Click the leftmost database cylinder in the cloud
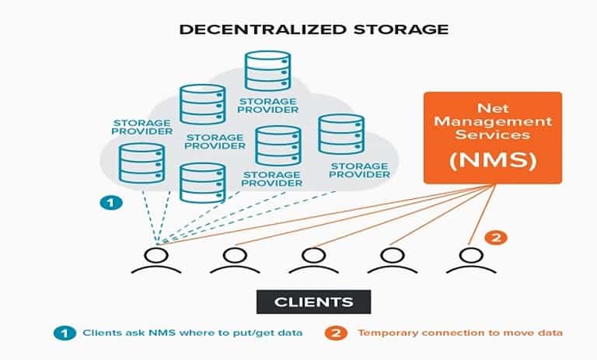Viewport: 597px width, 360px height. coord(141,162)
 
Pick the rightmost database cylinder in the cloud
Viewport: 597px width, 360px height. coord(341,135)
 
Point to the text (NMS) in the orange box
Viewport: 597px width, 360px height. coord(491,163)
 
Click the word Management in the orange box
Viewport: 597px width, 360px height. coord(492,121)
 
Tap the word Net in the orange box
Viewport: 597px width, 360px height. coord(492,107)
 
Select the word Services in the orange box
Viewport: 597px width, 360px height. coord(492,135)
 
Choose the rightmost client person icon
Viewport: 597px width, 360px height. coord(469,260)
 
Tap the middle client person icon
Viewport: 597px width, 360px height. coord(313,260)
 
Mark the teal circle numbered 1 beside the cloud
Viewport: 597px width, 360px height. coord(111,203)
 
